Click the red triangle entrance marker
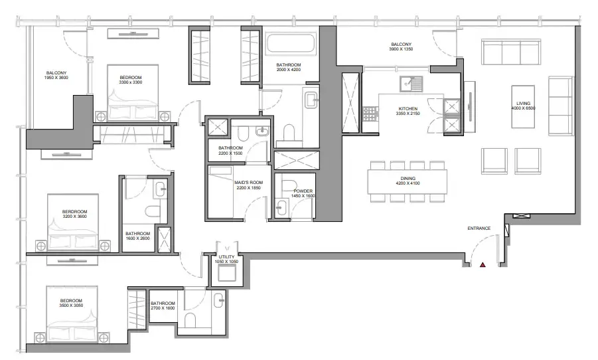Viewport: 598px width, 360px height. pos(483,265)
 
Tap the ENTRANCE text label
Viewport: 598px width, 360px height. pos(479,228)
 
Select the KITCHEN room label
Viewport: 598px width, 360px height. pos(408,108)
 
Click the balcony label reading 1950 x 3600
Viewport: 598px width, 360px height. pos(56,74)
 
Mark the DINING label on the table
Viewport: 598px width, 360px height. pos(407,179)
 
